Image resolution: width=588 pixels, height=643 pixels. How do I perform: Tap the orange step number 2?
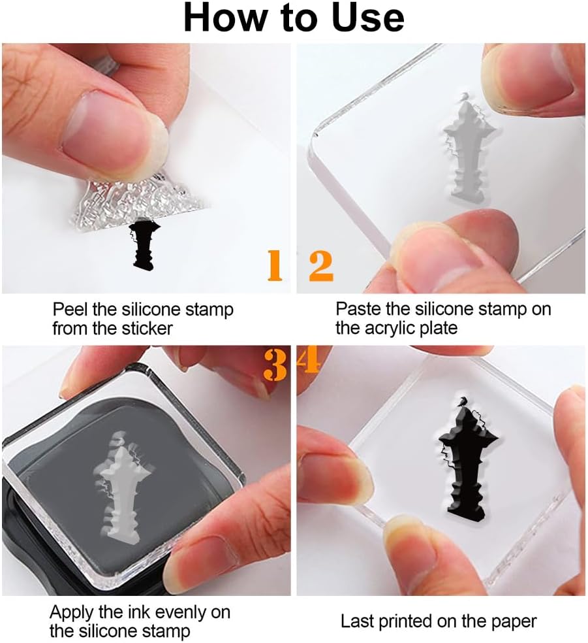(x=321, y=266)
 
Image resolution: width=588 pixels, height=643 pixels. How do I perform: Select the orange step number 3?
(x=275, y=365)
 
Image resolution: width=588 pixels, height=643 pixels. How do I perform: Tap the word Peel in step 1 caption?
(x=70, y=309)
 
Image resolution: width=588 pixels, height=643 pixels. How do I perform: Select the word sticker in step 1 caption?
(x=147, y=329)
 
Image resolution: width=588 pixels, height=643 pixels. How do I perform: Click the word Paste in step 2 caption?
(x=358, y=309)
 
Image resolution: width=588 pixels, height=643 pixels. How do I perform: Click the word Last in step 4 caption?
(x=357, y=621)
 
